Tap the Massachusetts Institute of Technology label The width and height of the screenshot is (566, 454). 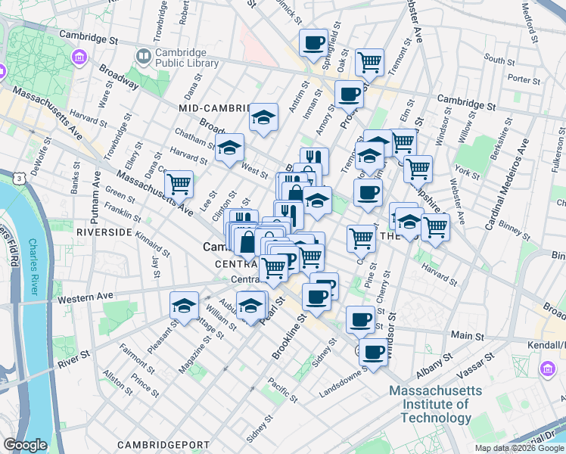pyautogui.click(x=435, y=404)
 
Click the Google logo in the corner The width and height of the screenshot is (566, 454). pyautogui.click(x=25, y=445)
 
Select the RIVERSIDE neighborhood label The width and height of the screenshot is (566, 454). pyautogui.click(x=104, y=232)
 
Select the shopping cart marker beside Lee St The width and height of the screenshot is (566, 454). pyautogui.click(x=179, y=183)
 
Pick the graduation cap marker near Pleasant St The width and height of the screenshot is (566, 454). pyautogui.click(x=183, y=305)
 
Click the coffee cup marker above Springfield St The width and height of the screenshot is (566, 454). pyautogui.click(x=313, y=42)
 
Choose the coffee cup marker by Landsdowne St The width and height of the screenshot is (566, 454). pyautogui.click(x=372, y=351)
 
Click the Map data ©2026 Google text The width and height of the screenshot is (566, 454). pyautogui.click(x=519, y=448)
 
